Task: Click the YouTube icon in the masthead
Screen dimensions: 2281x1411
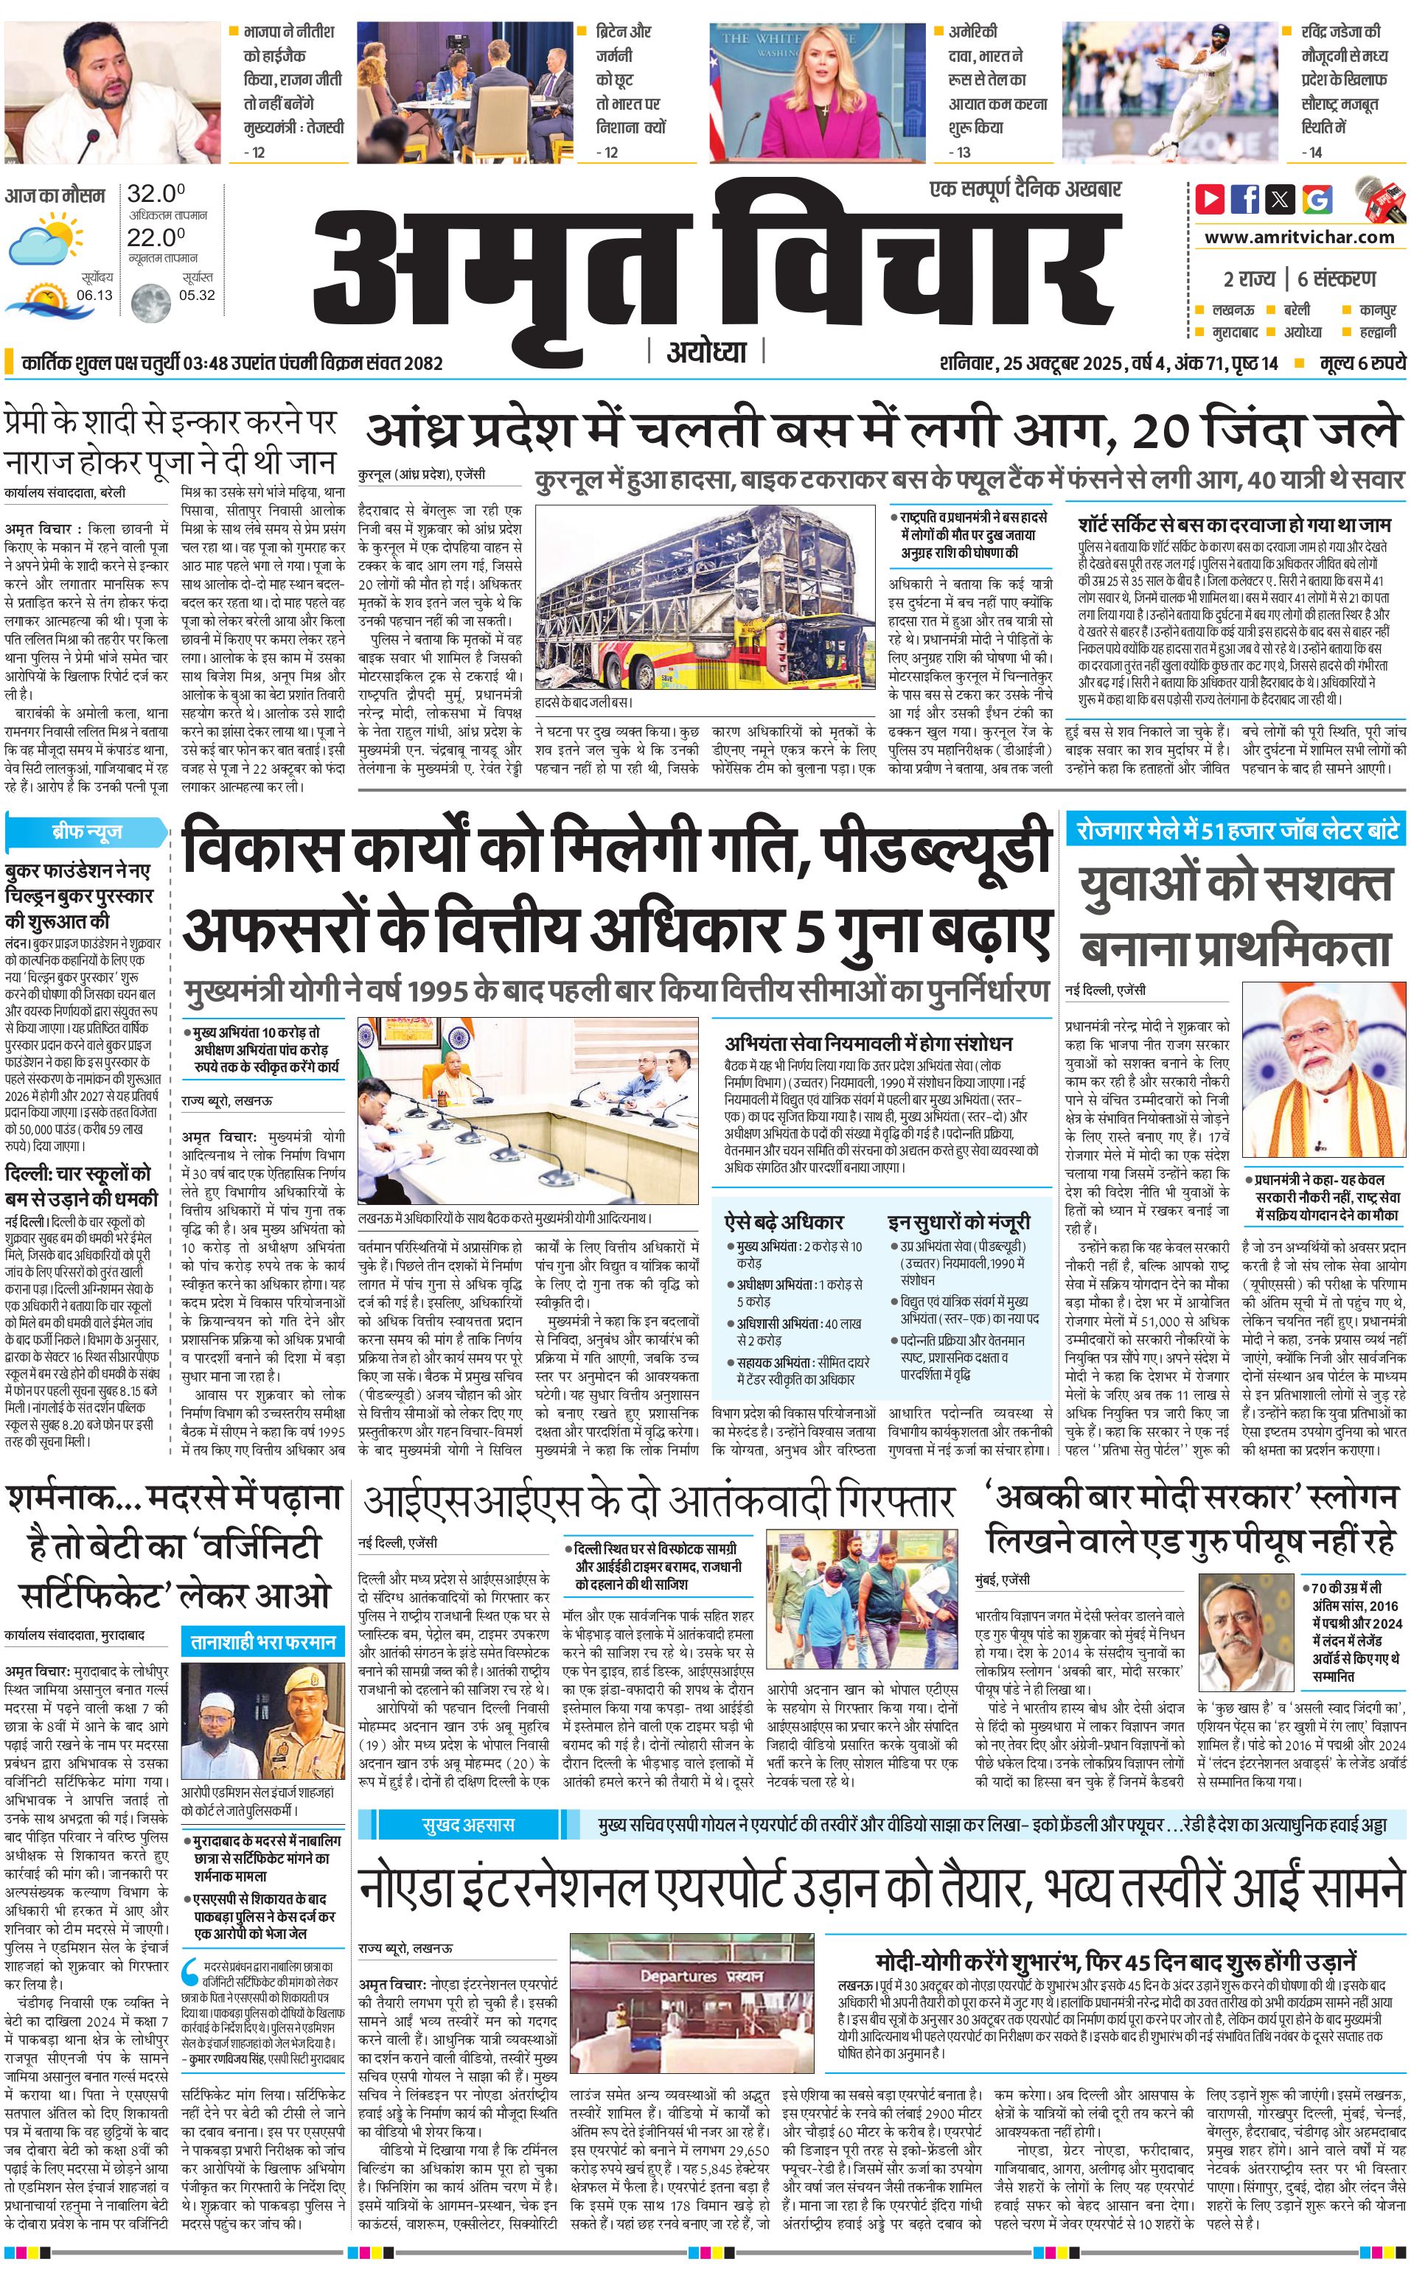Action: [1210, 199]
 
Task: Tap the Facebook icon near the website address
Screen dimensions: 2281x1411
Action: [1245, 199]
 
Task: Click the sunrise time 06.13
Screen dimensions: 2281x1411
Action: [94, 295]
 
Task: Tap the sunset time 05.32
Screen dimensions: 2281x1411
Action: [197, 295]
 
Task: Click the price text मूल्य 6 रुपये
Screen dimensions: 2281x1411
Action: [1362, 363]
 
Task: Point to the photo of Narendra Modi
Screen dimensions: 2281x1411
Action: [1323, 1070]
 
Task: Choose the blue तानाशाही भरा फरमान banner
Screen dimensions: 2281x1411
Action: [263, 1640]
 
